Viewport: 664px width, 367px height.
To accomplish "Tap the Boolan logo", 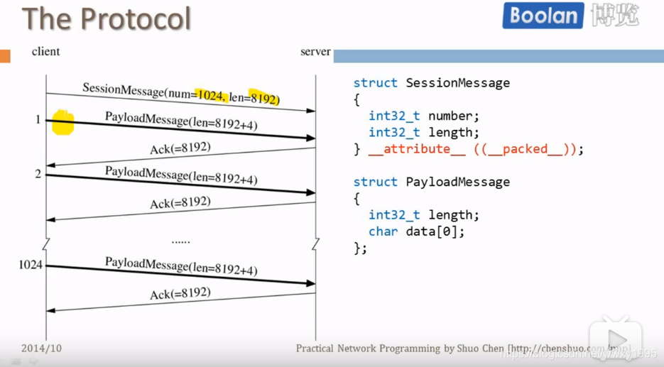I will coord(543,16).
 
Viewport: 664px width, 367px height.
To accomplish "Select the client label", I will coord(45,51).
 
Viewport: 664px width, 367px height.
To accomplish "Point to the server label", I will coord(315,51).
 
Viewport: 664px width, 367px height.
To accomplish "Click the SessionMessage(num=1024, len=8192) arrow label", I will coord(180,94).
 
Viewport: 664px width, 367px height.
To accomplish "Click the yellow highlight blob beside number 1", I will coord(62,122).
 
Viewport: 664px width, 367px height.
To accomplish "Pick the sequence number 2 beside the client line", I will coord(38,173).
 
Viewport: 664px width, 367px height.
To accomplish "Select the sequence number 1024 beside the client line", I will coord(31,265).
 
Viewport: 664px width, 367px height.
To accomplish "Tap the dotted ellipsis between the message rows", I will coord(180,241).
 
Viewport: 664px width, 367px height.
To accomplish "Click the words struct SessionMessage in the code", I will coord(431,83).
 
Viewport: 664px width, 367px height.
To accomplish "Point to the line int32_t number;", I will coord(424,116).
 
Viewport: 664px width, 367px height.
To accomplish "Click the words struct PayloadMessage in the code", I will coord(431,182).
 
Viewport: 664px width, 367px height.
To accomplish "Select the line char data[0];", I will coord(417,231).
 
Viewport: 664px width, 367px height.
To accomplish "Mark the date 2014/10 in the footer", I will coord(41,349).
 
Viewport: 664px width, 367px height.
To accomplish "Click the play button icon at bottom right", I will coord(617,339).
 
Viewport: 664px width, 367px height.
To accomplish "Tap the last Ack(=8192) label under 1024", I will coord(180,292).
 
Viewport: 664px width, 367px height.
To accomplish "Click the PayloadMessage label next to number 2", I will coord(181,175).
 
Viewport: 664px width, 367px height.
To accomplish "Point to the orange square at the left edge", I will coord(5,55).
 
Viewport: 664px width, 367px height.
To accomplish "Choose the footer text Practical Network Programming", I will coord(368,349).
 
